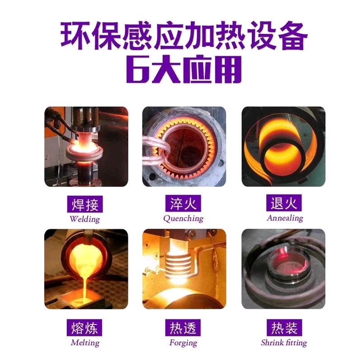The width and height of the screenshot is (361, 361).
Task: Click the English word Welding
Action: pos(84,219)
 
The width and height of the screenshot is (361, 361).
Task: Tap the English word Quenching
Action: pos(183,218)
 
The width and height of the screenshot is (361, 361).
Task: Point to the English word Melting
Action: pos(84,342)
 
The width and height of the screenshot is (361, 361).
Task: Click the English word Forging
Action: pos(183,342)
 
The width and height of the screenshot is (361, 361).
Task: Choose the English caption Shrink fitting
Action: pos(283,342)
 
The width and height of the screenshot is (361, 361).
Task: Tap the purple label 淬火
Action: pos(183,204)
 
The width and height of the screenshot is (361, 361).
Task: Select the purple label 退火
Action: pos(283,204)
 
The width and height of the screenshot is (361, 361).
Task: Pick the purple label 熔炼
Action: pos(84,328)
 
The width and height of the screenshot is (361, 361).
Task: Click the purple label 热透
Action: pos(183,328)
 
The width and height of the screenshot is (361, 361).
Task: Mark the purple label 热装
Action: pos(283,328)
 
